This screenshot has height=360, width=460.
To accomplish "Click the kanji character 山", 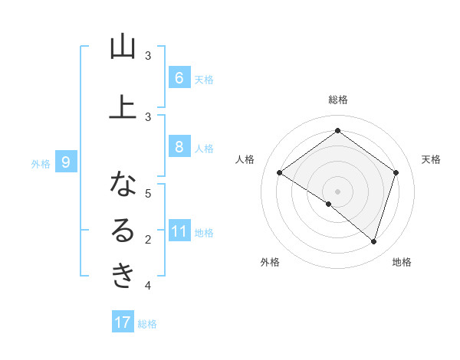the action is pyautogui.click(x=123, y=47).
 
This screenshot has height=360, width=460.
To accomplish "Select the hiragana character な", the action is pyautogui.click(x=123, y=184).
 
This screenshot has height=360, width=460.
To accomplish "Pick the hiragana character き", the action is pyautogui.click(x=123, y=274).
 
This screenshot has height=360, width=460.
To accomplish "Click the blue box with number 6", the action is pyautogui.click(x=179, y=77).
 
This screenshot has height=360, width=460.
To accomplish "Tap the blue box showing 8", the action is pyautogui.click(x=179, y=147).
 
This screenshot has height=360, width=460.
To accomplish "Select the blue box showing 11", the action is pyautogui.click(x=179, y=232).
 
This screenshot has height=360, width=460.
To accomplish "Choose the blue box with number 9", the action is pyautogui.click(x=66, y=162).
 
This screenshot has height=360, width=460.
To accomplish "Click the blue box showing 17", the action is pyautogui.click(x=123, y=322).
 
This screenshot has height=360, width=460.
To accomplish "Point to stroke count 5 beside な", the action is pyautogui.click(x=148, y=193).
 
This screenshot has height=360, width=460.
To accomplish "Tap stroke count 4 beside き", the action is pyautogui.click(x=148, y=286).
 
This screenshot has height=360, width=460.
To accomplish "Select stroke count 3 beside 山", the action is pyautogui.click(x=148, y=56).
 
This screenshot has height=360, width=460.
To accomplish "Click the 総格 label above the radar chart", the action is pyautogui.click(x=337, y=100).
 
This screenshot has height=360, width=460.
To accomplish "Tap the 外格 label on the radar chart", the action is pyautogui.click(x=270, y=262).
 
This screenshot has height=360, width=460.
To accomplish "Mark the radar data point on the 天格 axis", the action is pyautogui.click(x=396, y=173).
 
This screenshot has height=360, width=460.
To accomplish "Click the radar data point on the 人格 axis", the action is pyautogui.click(x=279, y=173).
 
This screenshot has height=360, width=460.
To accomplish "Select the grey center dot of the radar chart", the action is pyautogui.click(x=337, y=191).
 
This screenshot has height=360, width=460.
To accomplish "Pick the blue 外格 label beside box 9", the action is pyautogui.click(x=40, y=163).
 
